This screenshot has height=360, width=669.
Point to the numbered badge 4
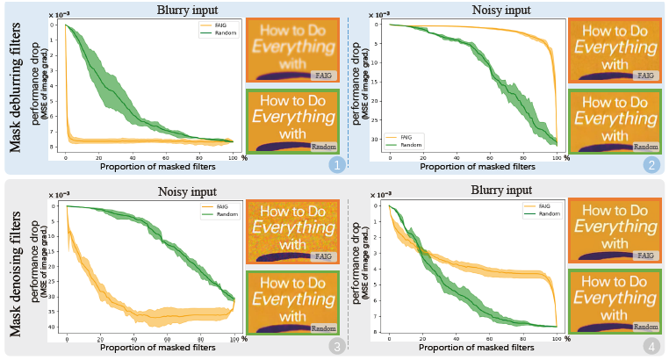click(651, 345)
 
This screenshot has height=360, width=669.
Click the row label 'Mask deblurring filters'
click(16, 87)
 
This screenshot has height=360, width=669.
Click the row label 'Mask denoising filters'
click(16, 268)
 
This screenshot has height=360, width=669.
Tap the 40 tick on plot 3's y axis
click(54, 328)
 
